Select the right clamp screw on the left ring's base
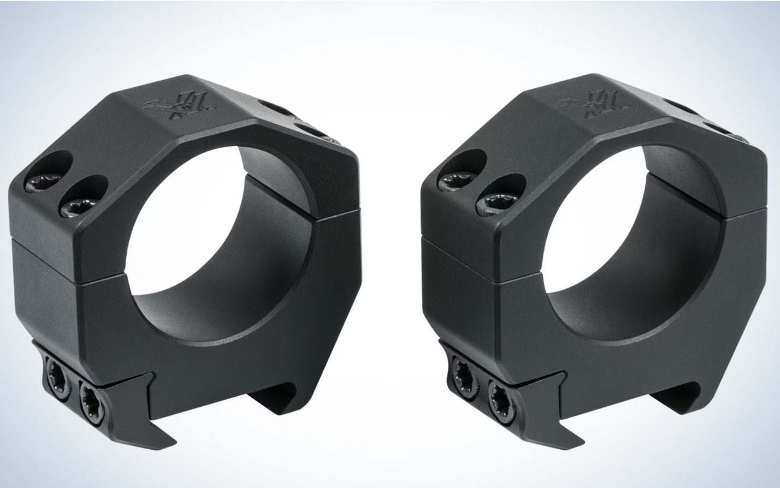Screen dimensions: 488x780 click(x=90, y=395)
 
